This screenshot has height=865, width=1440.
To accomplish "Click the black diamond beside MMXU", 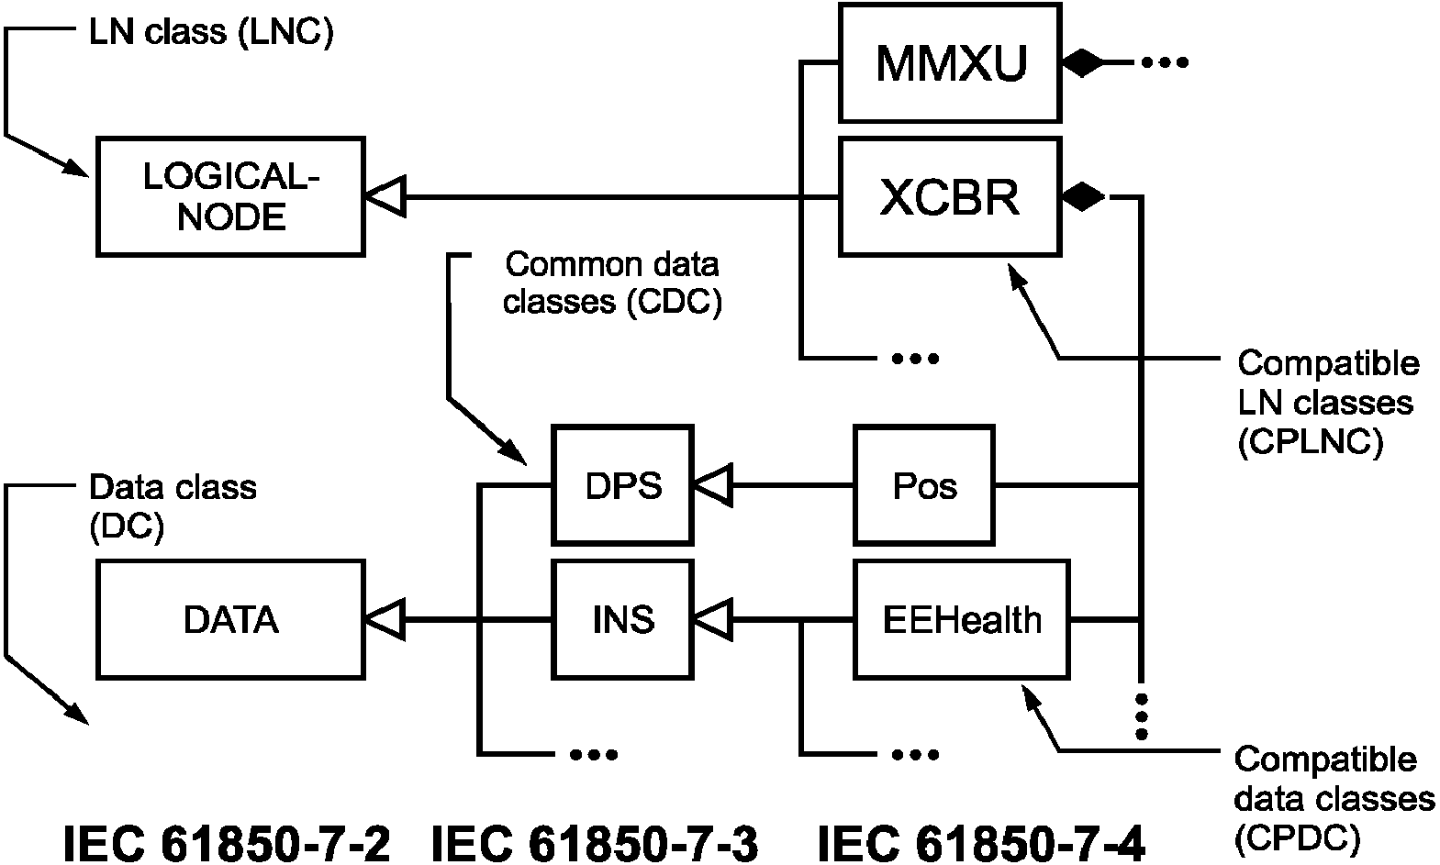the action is pos(1083,62).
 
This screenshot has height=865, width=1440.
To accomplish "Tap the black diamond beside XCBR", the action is pos(1083,196).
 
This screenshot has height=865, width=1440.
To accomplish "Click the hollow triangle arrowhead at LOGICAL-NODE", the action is pos(385,196).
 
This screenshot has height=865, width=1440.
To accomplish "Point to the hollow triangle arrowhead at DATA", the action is pos(385,619).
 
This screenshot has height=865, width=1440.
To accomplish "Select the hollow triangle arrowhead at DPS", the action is pos(713,485).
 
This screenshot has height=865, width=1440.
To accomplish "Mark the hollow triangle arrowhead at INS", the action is pos(713,619).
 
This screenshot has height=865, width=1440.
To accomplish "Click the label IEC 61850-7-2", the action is pos(227,843).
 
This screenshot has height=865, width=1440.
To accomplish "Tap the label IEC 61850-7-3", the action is pos(595,843).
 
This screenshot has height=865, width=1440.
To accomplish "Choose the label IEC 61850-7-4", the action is pos(981,843).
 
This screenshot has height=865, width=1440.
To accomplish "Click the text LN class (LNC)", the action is pos(211,33).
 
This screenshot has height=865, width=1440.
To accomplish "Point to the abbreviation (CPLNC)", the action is pos(1311,441).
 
